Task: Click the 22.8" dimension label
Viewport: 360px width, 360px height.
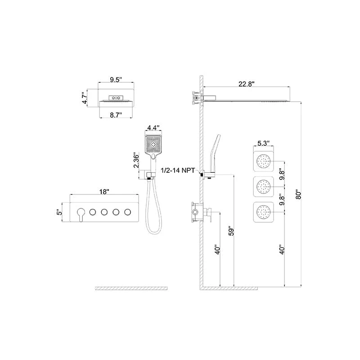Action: pos(247,84)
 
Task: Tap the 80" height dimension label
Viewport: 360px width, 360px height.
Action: pos(298,194)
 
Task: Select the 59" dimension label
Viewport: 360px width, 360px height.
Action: pos(231,231)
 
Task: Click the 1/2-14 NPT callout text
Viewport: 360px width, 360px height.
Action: pos(178,171)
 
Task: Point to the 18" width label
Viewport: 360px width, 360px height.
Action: pos(104,192)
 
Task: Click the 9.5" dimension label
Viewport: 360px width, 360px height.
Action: pos(116,80)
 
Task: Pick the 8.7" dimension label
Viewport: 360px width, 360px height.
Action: pos(116,115)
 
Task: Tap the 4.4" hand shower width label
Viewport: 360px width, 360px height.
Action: pos(153,127)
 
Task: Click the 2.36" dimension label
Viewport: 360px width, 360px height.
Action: pos(136,160)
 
